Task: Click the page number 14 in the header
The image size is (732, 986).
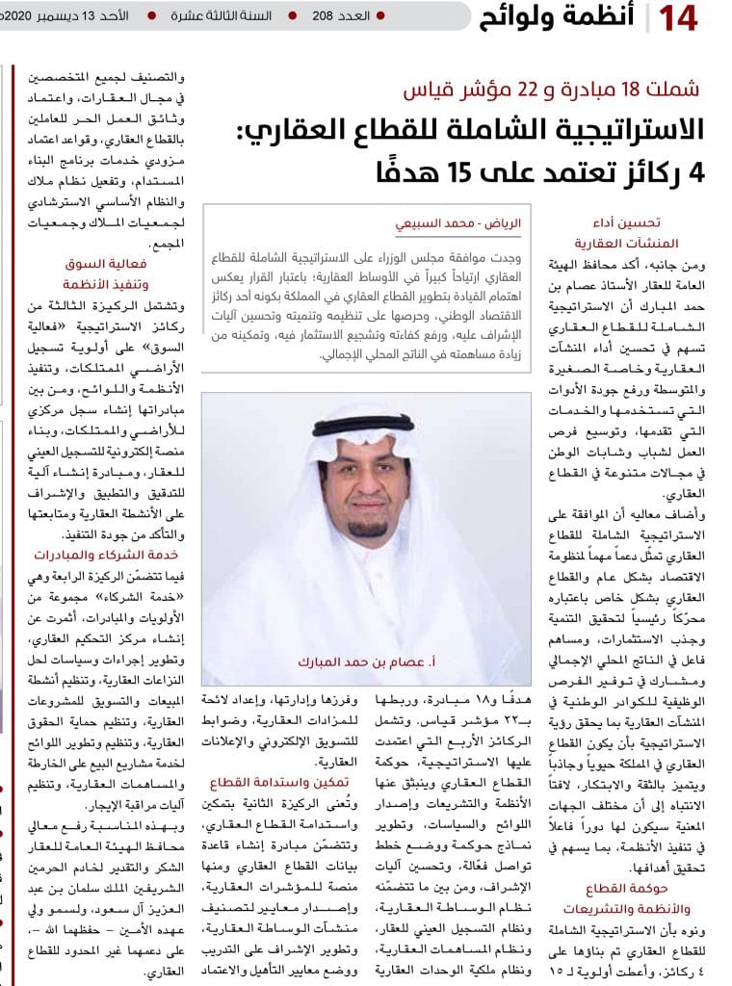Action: (x=675, y=18)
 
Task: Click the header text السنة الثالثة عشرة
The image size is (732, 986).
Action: (x=222, y=17)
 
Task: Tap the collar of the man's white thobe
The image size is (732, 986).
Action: (x=367, y=554)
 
